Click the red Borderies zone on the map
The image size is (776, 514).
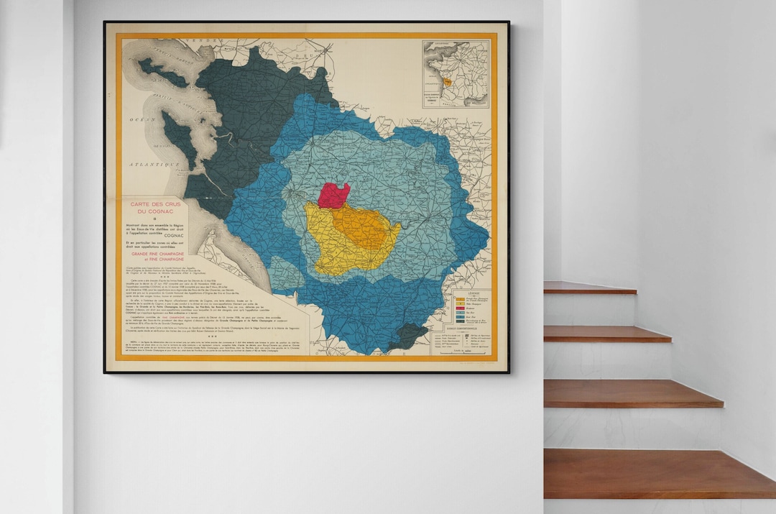(334, 196)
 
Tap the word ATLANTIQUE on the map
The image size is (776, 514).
(154, 165)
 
